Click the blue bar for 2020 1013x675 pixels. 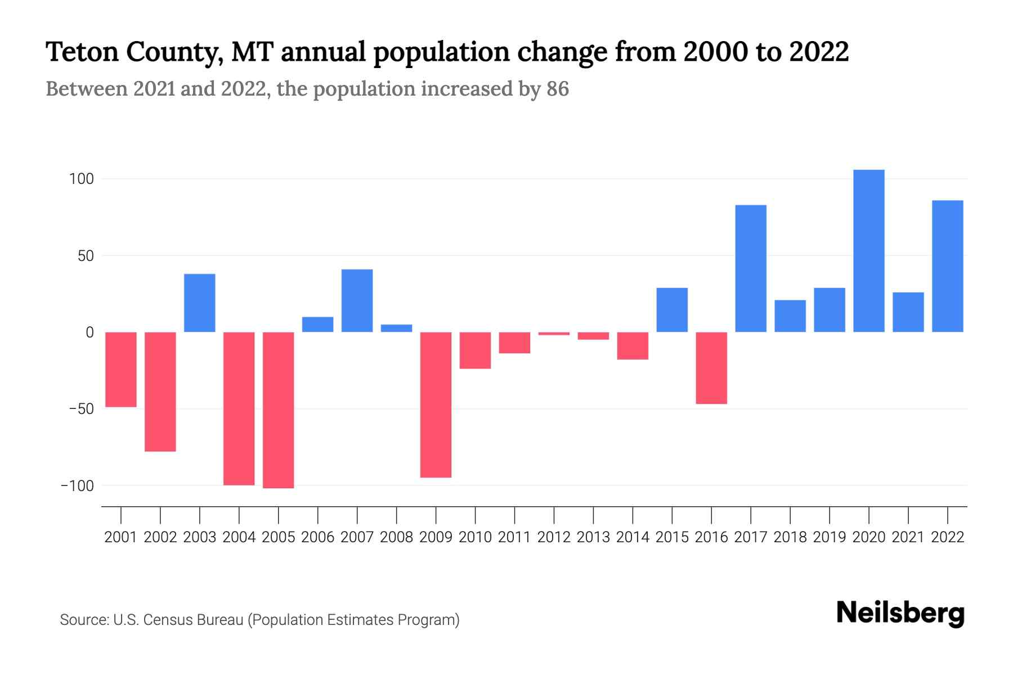[868, 251]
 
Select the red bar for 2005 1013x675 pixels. [278, 409]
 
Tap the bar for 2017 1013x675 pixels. [751, 268]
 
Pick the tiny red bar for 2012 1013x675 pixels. [554, 334]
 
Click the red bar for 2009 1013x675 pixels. [436, 404]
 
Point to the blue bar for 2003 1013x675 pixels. [200, 303]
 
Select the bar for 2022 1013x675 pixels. [947, 266]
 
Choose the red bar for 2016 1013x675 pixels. [711, 368]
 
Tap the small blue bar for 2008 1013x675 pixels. [396, 328]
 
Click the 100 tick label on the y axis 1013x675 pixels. [81, 179]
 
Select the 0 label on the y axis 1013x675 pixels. [89, 332]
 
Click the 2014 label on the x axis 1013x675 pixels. [633, 537]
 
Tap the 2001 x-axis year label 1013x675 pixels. [121, 537]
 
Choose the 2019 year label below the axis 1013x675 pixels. [829, 537]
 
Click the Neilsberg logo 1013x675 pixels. [900, 613]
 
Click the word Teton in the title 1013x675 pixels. [82, 52]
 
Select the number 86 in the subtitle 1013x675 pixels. [557, 89]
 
